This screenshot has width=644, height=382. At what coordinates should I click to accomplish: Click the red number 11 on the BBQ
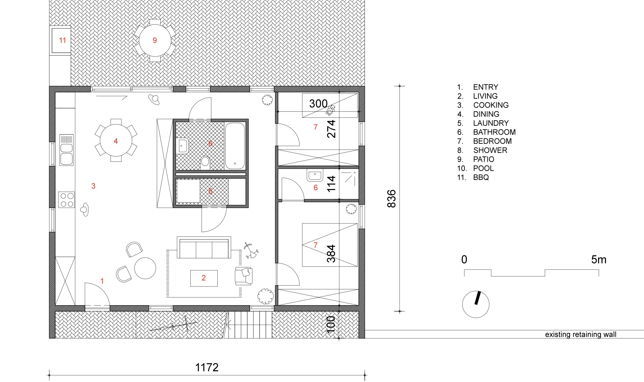[x=62, y=41]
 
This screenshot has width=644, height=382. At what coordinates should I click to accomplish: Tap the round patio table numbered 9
[x=155, y=40]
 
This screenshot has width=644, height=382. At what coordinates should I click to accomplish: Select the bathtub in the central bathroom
[x=235, y=146]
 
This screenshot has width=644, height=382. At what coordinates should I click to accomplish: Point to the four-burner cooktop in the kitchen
[x=67, y=200]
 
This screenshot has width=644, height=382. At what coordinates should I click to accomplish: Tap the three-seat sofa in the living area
[x=204, y=247]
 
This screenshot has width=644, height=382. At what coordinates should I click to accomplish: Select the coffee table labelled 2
[x=204, y=278]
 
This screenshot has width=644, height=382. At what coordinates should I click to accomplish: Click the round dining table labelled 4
[x=116, y=141]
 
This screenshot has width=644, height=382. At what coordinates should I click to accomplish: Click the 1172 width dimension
[x=207, y=367]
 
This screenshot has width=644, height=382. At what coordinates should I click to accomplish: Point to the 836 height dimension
[x=392, y=199]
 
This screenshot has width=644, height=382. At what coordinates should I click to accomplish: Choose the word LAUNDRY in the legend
[x=491, y=123]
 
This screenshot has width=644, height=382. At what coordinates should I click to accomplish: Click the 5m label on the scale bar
[x=599, y=260]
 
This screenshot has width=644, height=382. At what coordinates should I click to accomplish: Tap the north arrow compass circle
[x=476, y=304]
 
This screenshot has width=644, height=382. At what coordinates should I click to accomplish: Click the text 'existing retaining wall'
[x=581, y=334]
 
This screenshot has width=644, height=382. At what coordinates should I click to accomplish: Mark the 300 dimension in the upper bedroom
[x=318, y=104]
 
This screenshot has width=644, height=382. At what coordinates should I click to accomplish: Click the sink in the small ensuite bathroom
[x=315, y=175]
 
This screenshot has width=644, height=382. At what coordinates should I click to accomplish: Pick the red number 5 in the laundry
[x=210, y=191]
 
